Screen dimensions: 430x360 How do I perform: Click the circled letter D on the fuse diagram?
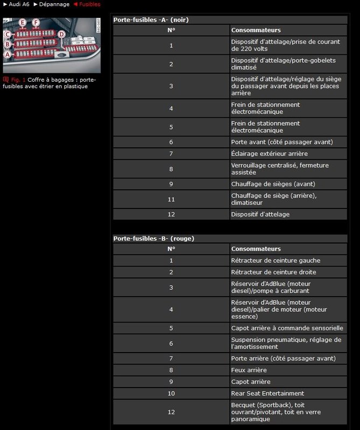(61, 34)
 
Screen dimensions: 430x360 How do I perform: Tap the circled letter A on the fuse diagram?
(8, 54)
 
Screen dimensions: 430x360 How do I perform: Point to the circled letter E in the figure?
(22, 23)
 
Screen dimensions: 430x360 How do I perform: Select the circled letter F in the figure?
(36, 23)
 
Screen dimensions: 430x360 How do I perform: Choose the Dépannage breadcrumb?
(54, 4)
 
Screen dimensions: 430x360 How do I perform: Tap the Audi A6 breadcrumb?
(19, 4)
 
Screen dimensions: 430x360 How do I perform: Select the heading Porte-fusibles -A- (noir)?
(151, 20)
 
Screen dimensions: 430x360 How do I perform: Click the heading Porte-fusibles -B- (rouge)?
(153, 239)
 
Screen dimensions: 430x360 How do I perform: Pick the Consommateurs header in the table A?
(256, 30)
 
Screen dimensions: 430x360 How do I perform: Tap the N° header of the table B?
(171, 249)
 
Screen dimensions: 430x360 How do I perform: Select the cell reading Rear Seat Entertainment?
(267, 393)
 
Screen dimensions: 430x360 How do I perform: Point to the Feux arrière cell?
(249, 370)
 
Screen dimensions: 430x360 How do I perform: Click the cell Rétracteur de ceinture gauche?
(276, 261)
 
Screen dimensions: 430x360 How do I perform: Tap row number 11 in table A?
(171, 199)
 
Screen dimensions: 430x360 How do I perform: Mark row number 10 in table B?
(171, 393)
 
